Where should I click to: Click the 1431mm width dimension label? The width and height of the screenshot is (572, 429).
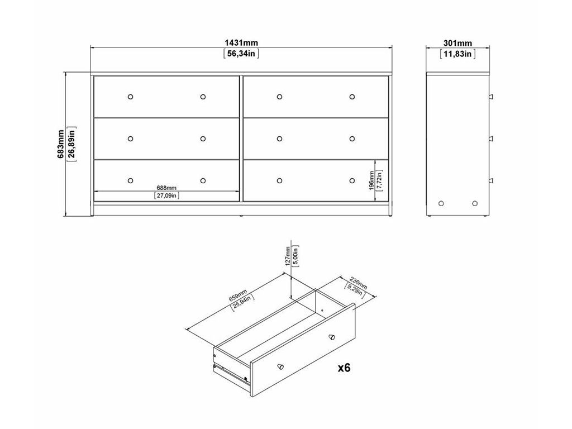click(241, 43)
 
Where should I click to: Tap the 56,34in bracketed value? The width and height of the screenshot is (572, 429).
click(241, 54)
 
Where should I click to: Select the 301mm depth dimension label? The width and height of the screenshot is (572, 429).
click(457, 44)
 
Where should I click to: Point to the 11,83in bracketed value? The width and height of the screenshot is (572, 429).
click(457, 54)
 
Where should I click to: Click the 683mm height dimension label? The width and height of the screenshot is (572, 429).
click(61, 144)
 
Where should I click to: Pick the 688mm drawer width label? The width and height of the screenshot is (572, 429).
click(166, 188)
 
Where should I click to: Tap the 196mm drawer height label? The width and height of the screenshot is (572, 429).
click(371, 180)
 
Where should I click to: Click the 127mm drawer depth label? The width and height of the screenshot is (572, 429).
click(288, 256)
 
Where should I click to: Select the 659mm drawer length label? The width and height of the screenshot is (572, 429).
click(238, 295)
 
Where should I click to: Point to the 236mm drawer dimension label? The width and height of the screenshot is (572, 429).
click(358, 283)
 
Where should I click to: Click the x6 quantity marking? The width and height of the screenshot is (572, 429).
click(344, 368)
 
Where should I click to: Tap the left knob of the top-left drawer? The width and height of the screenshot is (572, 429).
click(130, 97)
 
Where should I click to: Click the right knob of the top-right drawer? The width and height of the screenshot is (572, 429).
click(352, 97)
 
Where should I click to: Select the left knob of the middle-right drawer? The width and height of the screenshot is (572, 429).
click(279, 139)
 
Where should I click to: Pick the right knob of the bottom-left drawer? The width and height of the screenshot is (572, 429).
click(203, 180)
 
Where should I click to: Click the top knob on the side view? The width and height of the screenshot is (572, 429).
click(491, 97)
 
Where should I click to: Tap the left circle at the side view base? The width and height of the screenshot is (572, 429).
click(441, 203)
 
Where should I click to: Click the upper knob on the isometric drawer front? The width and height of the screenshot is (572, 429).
click(332, 337)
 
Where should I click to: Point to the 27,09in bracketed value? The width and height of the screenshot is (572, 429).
click(166, 196)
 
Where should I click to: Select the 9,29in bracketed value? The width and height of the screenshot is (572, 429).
click(354, 290)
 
